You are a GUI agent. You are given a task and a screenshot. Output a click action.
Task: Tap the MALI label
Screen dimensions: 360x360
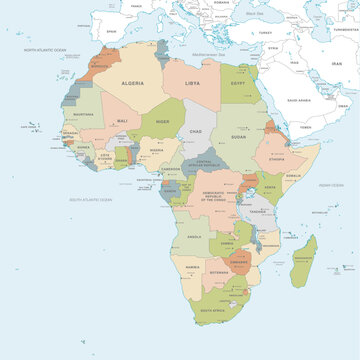pos(122,121)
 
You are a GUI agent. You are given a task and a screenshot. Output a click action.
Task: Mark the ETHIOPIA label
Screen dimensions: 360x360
pos(280,158)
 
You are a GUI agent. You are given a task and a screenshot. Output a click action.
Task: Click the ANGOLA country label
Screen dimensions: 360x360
pos(195,236)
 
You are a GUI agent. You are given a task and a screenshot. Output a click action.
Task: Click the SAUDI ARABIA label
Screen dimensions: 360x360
pos(300,100)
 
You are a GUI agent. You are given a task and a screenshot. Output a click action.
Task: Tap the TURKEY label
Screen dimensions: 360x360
pos(266,31)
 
